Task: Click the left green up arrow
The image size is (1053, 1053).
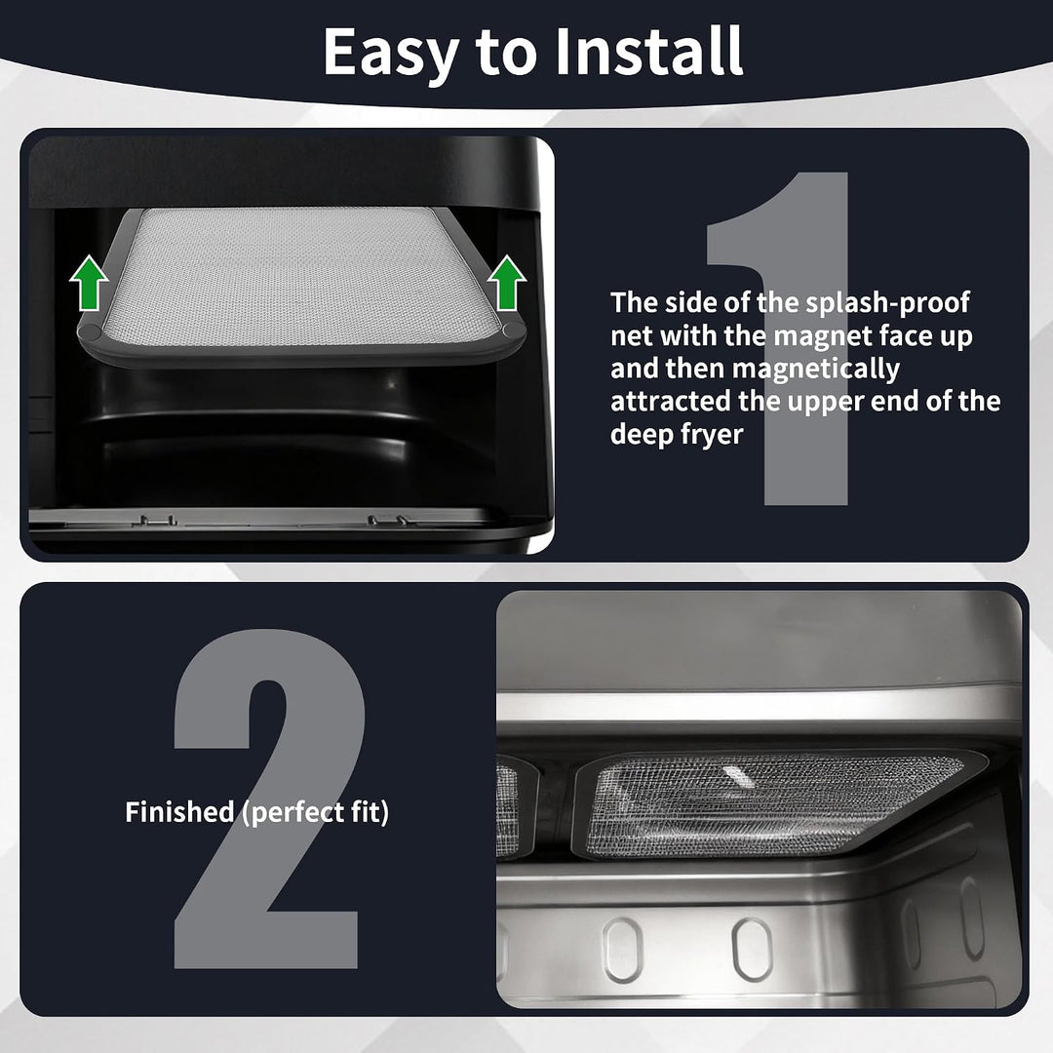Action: coord(90,283)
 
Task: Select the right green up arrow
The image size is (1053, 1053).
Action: coord(507,283)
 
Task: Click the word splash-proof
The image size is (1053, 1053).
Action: coord(887,303)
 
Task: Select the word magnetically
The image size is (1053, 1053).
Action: coord(816,370)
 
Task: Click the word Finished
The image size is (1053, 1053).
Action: coord(179,812)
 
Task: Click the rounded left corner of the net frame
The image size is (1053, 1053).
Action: coord(90,333)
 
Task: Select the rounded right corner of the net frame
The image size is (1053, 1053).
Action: coord(514,331)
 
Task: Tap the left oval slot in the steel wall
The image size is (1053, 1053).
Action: coord(622,950)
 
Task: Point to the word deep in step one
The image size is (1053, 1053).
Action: coord(642,435)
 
